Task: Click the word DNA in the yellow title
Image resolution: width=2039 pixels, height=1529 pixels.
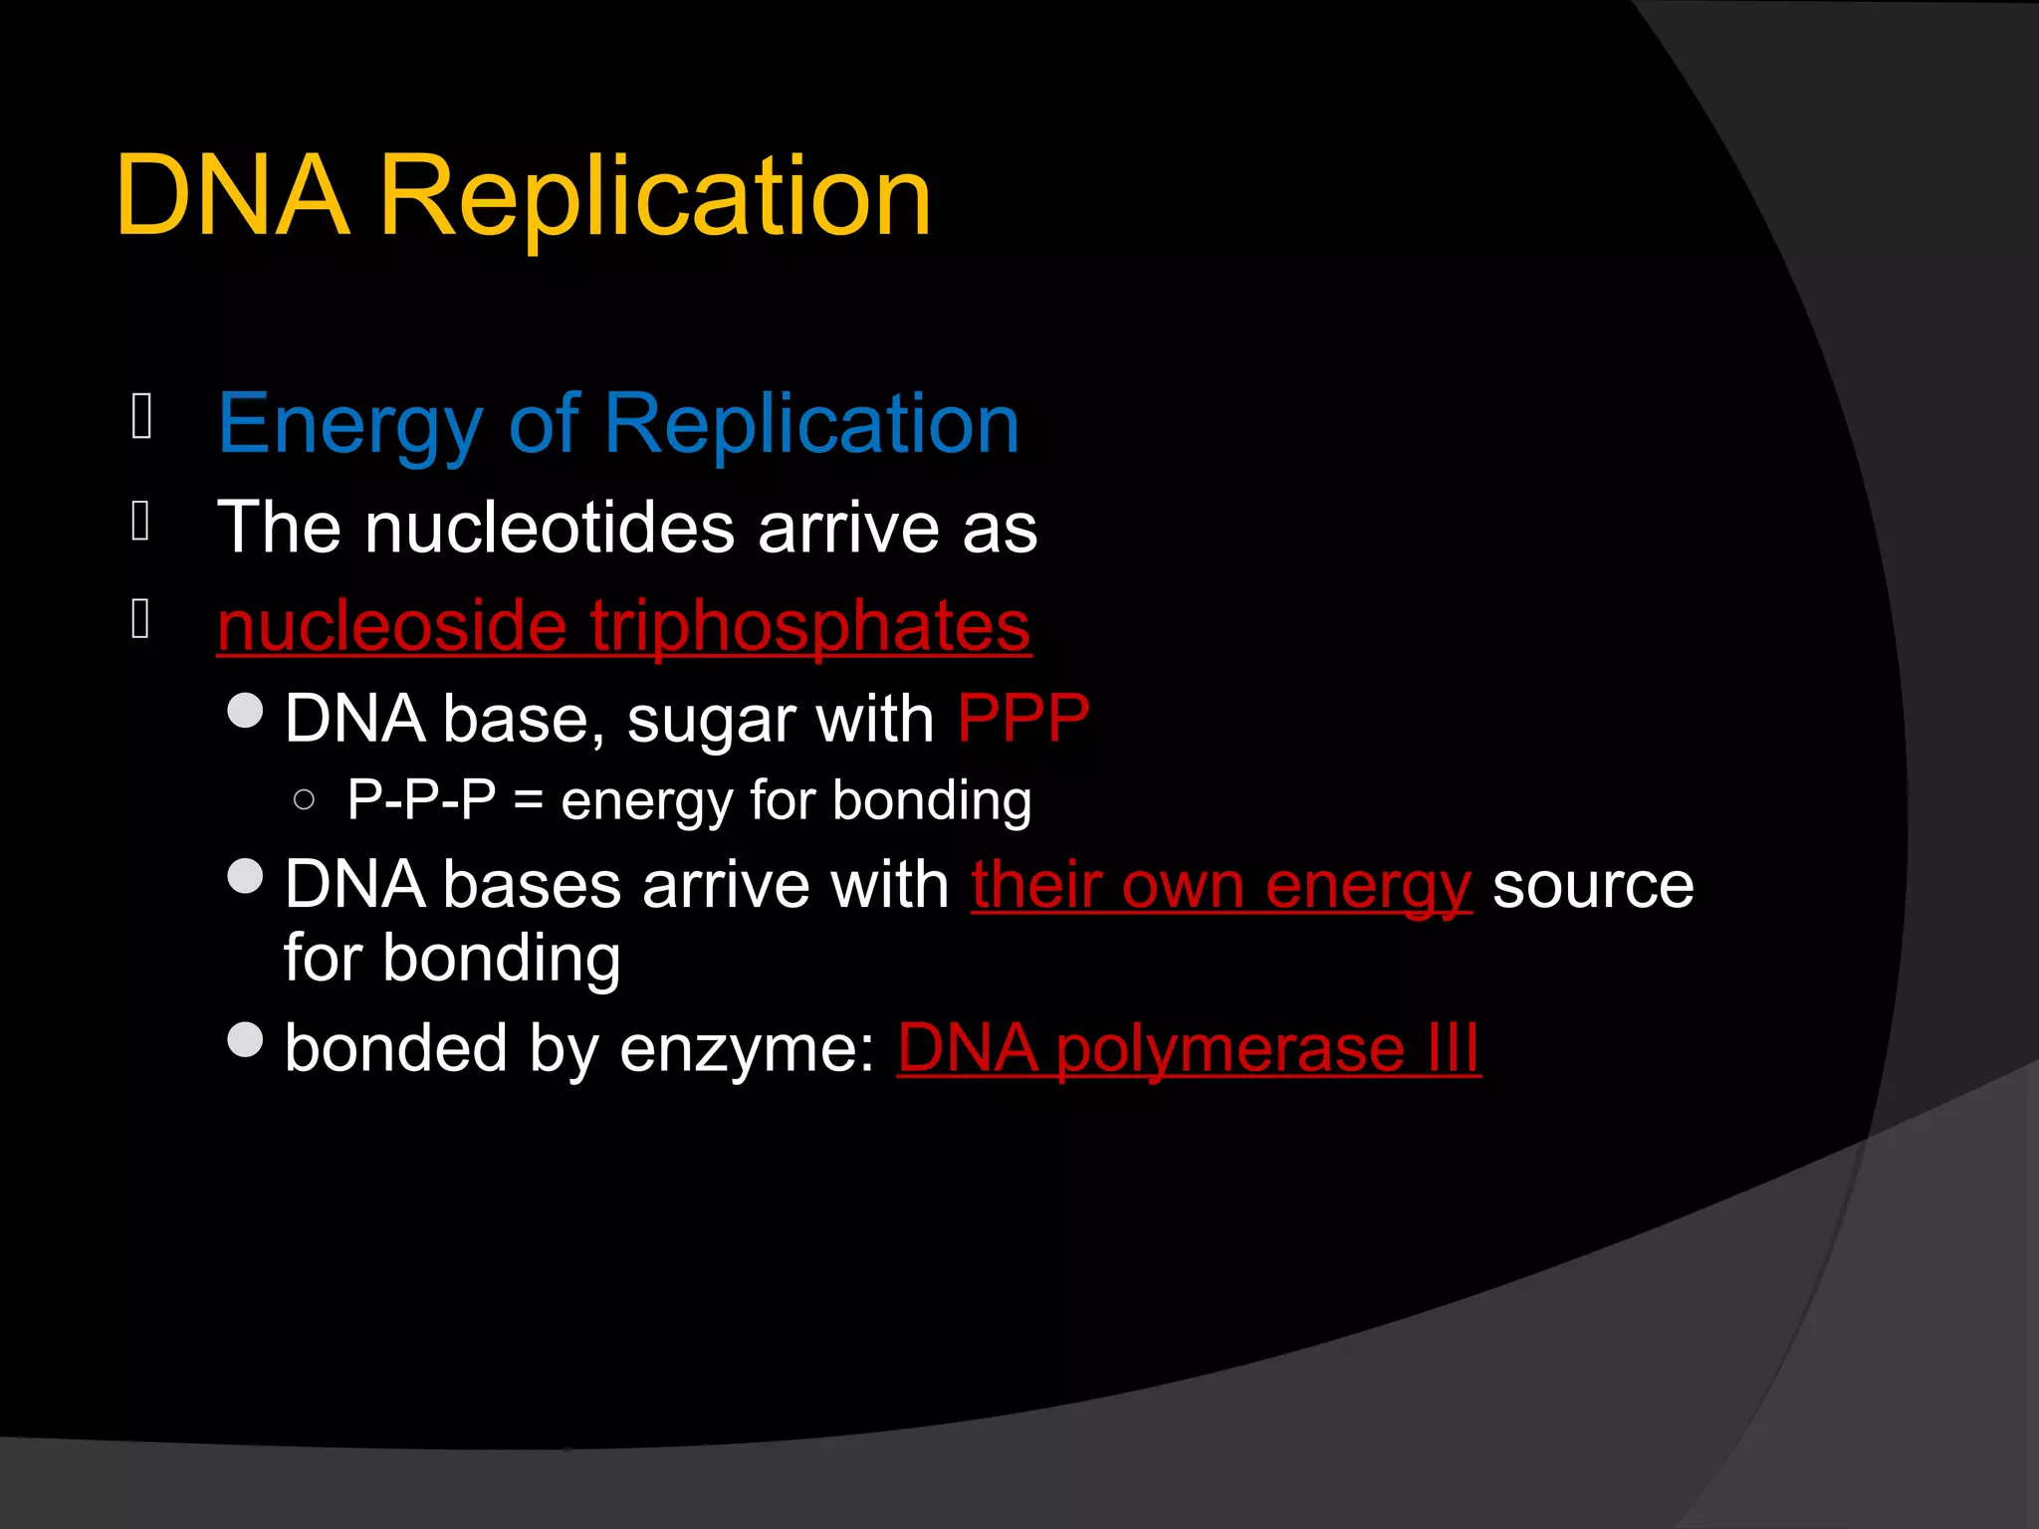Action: (234, 196)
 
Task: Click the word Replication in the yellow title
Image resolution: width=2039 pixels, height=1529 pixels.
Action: (655, 196)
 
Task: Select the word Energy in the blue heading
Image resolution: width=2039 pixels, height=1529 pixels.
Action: (349, 425)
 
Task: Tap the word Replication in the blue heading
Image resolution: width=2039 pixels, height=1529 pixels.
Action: (811, 425)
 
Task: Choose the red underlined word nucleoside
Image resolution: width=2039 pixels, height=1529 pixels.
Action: (392, 626)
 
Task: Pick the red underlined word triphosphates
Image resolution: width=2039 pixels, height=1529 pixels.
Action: (810, 626)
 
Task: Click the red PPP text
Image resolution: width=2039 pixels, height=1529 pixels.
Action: (1022, 719)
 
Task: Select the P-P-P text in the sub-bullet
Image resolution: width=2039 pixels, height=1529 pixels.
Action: (422, 799)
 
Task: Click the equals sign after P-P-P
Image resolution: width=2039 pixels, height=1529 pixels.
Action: (529, 801)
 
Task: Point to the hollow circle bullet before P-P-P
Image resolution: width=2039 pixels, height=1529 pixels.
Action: (305, 799)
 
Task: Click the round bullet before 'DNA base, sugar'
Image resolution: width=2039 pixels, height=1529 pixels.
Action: (245, 711)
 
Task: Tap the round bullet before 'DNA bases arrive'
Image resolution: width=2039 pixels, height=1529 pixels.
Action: (245, 877)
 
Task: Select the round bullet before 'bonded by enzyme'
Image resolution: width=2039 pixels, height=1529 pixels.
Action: (245, 1040)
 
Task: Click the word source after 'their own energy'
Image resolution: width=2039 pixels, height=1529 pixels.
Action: (1593, 885)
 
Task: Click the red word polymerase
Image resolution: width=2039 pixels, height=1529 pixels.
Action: (1230, 1049)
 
